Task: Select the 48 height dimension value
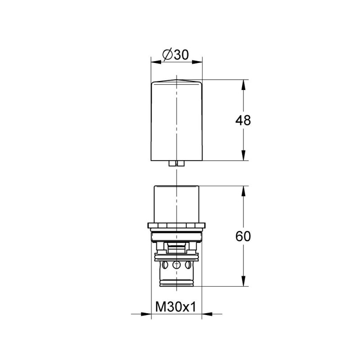coord(243,120)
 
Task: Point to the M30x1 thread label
coord(176,307)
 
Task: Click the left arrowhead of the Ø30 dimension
coord(156,62)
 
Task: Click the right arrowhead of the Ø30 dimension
coord(197,62)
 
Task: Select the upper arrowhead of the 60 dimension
coord(243,191)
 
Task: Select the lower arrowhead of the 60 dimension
coord(243,281)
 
